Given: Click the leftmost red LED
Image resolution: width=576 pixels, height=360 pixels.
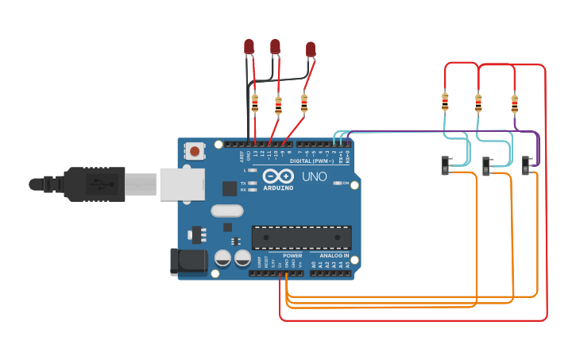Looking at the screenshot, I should pos(249,47).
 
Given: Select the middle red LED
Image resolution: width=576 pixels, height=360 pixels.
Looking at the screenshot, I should pos(275,46).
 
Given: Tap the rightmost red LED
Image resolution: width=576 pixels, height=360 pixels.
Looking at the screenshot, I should pos(311,50).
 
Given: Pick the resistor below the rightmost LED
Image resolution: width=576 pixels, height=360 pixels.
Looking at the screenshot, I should pos(303,103).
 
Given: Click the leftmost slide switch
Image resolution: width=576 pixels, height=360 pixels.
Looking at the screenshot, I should pos(446,165).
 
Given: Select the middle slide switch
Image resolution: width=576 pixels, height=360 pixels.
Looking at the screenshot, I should pos(488,166).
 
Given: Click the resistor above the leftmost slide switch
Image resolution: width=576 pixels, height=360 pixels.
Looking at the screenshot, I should pos(444,102).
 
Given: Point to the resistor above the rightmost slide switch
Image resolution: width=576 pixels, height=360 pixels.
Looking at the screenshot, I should pos(514,103).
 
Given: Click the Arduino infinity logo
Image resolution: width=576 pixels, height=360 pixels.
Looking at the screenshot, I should pos(274,176).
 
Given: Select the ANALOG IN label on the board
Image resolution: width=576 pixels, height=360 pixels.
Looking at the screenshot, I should pos(329,256).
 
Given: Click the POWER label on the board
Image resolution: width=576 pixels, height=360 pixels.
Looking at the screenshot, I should pos(281,256).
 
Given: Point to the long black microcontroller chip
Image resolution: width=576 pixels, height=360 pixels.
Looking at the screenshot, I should pos(301,237).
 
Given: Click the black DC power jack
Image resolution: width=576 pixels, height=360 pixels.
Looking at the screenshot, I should pos(187,262).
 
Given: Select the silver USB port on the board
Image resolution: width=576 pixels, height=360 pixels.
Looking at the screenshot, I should pos(182,183).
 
